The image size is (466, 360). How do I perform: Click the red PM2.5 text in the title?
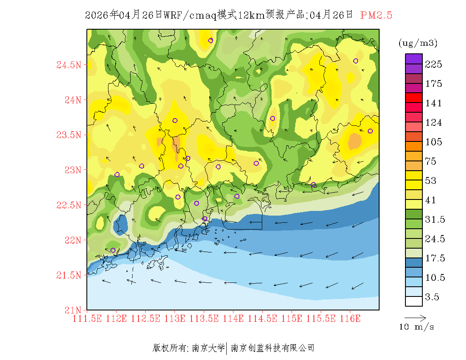click(376, 15)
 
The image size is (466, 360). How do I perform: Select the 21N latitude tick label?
click(72, 310)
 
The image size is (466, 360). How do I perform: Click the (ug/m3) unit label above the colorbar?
click(418, 43)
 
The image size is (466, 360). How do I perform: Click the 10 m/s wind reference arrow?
click(415, 317)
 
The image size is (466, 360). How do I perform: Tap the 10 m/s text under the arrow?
click(416, 327)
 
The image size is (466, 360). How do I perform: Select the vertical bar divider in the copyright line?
click(227, 348)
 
